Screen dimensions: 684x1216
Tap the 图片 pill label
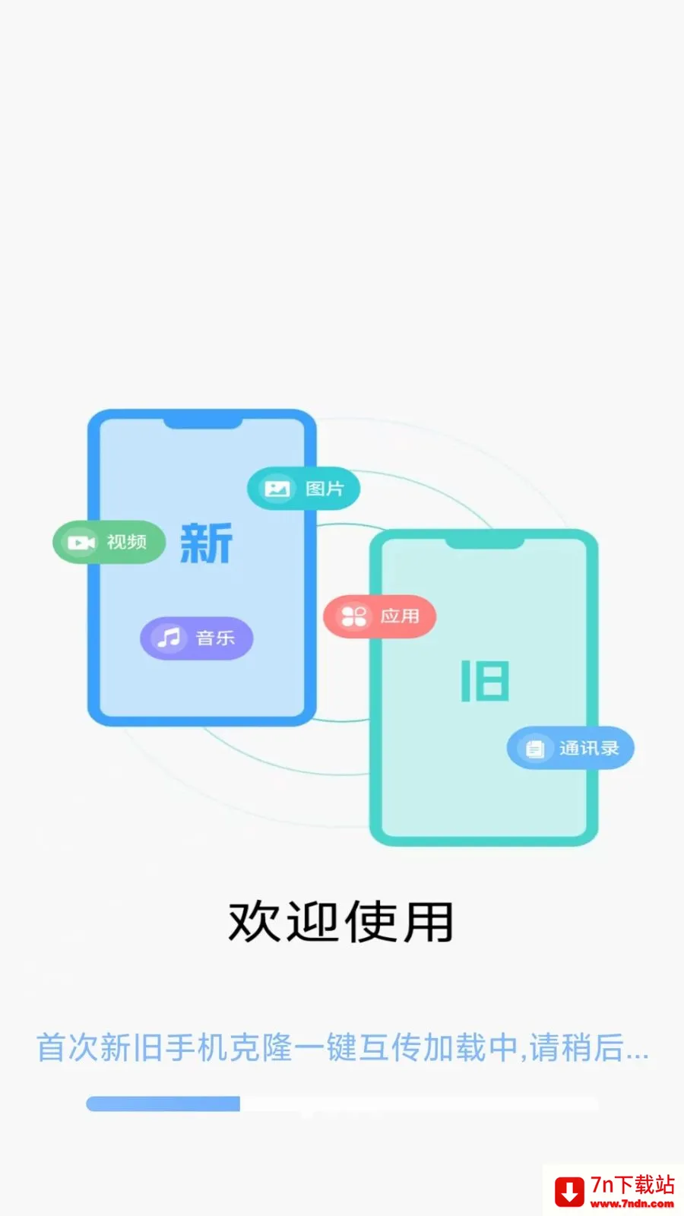[x=303, y=489]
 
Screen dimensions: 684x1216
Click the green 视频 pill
[x=109, y=543]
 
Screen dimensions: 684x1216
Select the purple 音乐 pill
[x=197, y=638]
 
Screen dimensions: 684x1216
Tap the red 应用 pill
[x=379, y=616]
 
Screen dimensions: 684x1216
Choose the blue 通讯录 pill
[x=571, y=748]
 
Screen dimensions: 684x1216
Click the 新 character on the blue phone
[x=206, y=543]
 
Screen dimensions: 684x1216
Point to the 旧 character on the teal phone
[x=485, y=681]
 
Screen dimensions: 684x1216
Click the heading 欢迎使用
[x=341, y=922]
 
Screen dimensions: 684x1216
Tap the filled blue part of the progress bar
[x=163, y=1104]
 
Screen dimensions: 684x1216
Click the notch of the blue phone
[x=203, y=423]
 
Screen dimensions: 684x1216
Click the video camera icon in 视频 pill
[x=81, y=543]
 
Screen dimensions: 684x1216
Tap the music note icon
[x=169, y=638]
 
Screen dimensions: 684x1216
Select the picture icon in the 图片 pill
[x=277, y=489]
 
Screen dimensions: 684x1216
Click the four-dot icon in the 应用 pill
[x=353, y=616]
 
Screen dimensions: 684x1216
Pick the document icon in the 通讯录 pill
[x=535, y=749]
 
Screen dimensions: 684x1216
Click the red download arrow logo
[x=569, y=1192]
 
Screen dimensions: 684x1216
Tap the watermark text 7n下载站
[x=632, y=1185]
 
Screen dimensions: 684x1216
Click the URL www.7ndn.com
[x=632, y=1203]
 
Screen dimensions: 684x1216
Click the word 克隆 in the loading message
[x=261, y=1048]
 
